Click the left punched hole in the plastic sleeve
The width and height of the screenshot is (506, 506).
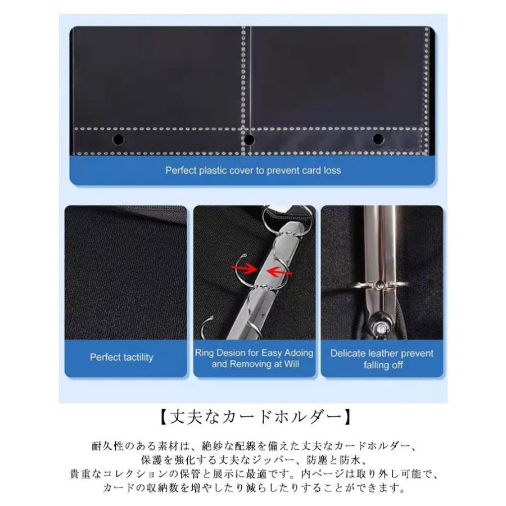pos(118,140)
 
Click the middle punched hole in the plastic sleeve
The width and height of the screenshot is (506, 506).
pos(249,140)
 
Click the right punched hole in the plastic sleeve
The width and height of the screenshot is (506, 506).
pos(378,139)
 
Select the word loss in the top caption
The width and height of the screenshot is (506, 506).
pos(332,170)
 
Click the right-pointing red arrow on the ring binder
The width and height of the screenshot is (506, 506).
pos(245,268)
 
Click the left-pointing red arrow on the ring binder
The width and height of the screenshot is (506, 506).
pos(279,272)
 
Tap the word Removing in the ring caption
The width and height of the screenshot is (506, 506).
pos(256,364)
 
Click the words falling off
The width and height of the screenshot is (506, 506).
pos(383,365)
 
